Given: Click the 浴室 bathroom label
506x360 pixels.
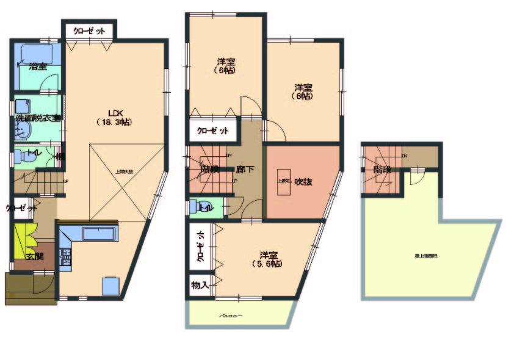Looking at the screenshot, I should pos(38,66).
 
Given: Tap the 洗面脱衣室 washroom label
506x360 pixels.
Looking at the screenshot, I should pos(38,118).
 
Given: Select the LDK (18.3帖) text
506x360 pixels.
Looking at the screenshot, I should pos(115,117).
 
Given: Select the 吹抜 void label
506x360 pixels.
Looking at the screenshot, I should pos(303,181).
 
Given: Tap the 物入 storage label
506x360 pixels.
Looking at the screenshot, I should pos(200,284).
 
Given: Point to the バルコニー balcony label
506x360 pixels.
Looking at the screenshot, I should pos(231,316).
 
